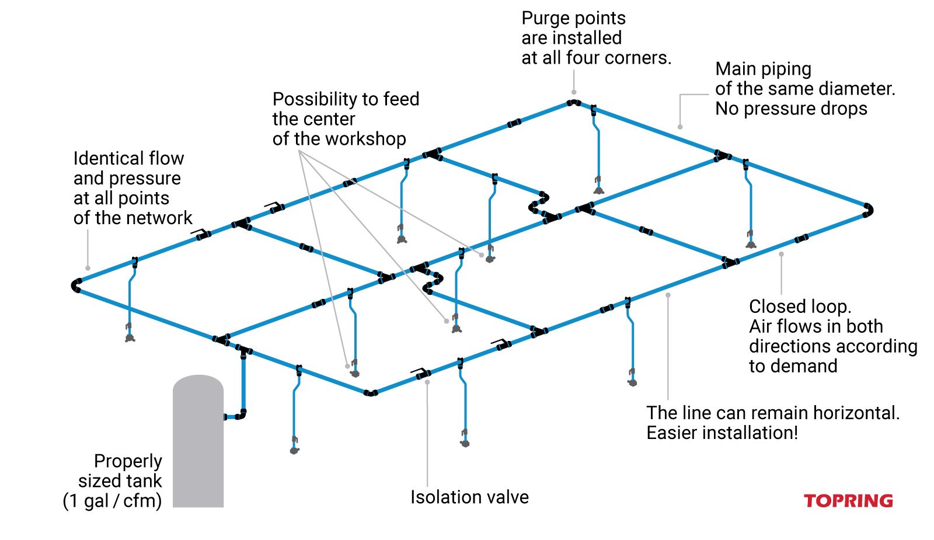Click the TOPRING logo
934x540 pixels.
(848, 501)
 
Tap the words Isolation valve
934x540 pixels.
(469, 497)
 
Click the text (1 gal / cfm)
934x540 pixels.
(112, 501)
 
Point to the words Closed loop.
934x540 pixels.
(799, 306)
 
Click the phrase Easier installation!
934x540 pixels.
(722, 433)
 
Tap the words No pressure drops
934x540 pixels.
(791, 109)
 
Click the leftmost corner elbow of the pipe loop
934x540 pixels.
(76, 285)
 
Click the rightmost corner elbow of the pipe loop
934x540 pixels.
(867, 210)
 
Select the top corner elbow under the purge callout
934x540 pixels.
(574, 103)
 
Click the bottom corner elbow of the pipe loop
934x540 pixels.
(371, 393)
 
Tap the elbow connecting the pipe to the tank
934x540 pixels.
(241, 415)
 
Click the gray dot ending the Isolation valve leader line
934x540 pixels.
(427, 382)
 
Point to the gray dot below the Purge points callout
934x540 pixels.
(574, 92)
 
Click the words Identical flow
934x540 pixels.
(128, 159)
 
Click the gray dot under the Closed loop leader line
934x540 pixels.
(781, 254)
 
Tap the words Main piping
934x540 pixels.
(763, 69)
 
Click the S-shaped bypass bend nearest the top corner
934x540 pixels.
(538, 202)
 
